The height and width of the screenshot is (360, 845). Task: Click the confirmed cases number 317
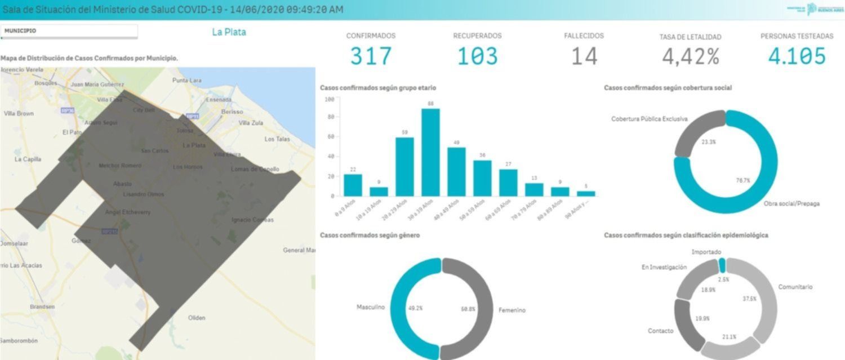(x=371, y=56)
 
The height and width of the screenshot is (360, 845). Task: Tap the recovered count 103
(x=477, y=56)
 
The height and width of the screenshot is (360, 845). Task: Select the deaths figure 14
(x=584, y=56)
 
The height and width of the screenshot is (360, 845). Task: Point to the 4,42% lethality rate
(x=690, y=57)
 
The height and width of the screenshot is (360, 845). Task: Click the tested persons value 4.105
(x=797, y=56)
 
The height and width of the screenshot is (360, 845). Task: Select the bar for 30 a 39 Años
(x=430, y=152)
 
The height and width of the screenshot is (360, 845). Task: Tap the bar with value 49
(x=456, y=171)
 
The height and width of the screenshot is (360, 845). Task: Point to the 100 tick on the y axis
(x=330, y=99)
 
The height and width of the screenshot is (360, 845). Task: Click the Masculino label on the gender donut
(x=370, y=308)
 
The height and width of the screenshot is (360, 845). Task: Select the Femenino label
(x=512, y=310)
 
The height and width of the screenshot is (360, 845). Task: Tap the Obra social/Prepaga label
(x=791, y=203)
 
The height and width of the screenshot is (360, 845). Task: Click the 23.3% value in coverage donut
(x=708, y=142)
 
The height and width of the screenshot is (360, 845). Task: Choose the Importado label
(x=707, y=252)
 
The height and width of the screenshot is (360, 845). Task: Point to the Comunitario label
(x=795, y=287)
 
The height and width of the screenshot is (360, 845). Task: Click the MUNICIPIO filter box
(x=69, y=32)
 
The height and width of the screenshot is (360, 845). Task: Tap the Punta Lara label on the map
(x=187, y=81)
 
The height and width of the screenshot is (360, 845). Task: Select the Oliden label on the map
(x=197, y=318)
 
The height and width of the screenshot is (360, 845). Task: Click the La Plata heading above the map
(x=229, y=32)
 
